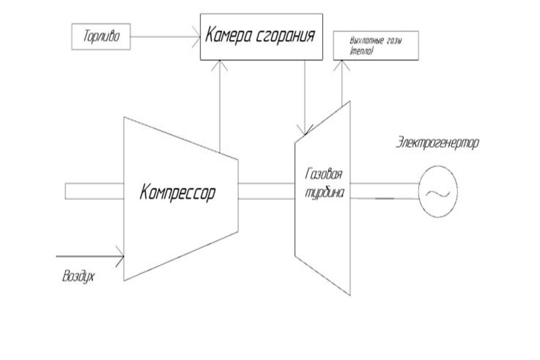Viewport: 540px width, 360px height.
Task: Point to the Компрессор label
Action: pos(177,193)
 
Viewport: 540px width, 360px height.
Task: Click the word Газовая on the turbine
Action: pos(322,175)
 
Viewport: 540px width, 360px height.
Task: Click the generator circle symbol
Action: pos(438,193)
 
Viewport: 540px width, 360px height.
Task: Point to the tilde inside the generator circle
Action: pos(438,193)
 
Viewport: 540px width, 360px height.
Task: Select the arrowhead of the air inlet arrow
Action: pos(120,256)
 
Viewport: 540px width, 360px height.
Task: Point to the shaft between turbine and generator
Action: pos(384,191)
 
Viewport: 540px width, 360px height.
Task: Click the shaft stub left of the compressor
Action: pos(94,191)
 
